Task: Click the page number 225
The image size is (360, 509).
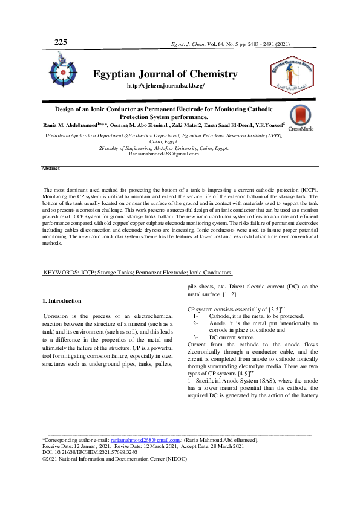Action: tap(61, 42)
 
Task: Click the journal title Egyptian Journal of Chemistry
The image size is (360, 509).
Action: tap(165, 74)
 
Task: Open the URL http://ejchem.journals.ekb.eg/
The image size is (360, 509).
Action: tap(165, 86)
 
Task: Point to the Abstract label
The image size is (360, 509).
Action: tap(51, 167)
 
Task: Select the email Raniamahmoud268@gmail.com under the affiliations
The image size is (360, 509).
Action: tap(164, 154)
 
